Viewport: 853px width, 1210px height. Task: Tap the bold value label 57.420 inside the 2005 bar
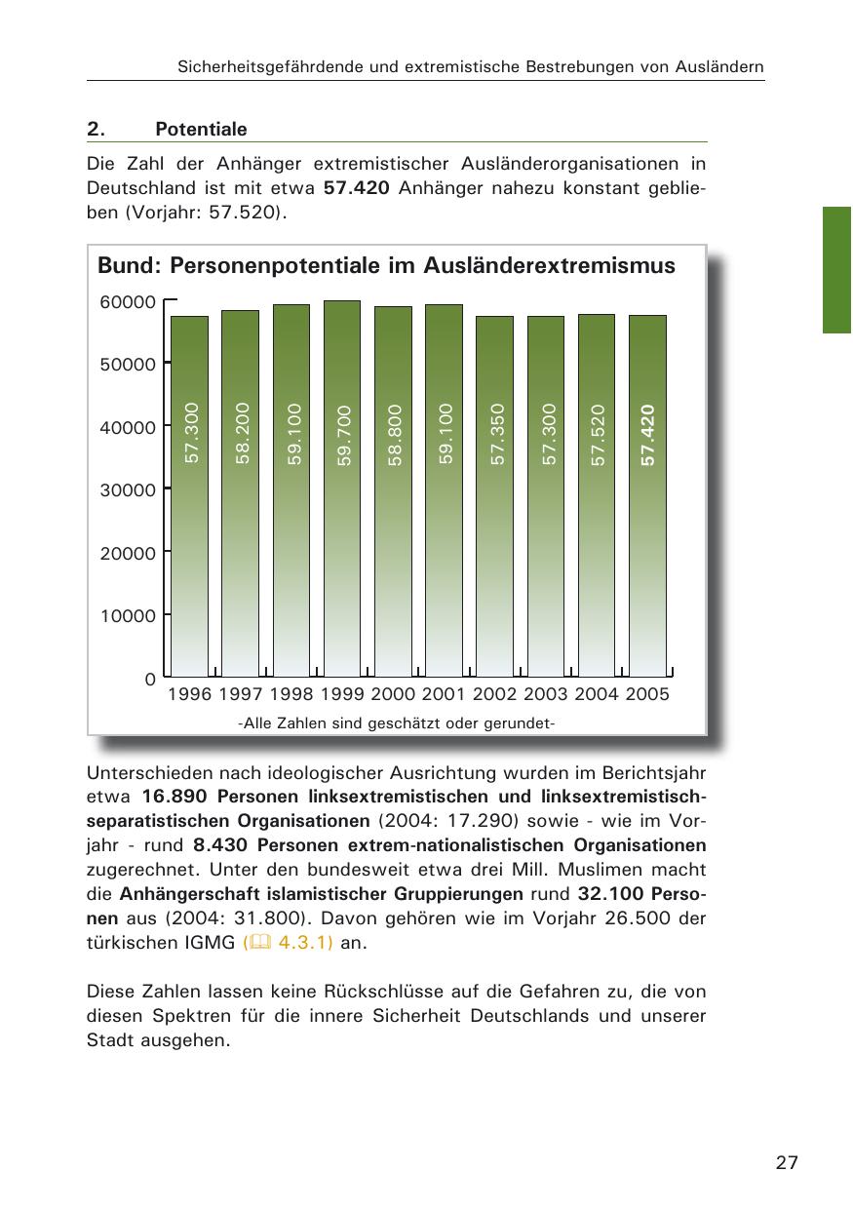[x=647, y=435]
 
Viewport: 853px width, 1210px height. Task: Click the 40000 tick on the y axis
[x=128, y=427]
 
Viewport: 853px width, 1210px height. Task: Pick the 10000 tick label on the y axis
[x=128, y=616]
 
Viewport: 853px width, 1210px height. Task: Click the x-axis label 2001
[x=444, y=694]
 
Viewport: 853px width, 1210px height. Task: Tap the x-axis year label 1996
[x=189, y=694]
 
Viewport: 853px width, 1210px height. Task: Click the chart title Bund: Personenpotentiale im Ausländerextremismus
[x=386, y=265]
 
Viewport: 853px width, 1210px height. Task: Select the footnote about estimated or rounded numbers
[x=396, y=722]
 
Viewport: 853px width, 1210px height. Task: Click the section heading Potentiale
[x=201, y=130]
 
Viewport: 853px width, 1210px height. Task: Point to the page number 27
[x=788, y=1163]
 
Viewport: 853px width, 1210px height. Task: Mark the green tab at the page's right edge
[x=837, y=270]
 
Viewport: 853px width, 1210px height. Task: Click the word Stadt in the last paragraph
[x=110, y=1040]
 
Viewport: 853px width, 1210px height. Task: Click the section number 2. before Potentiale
[x=95, y=130]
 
